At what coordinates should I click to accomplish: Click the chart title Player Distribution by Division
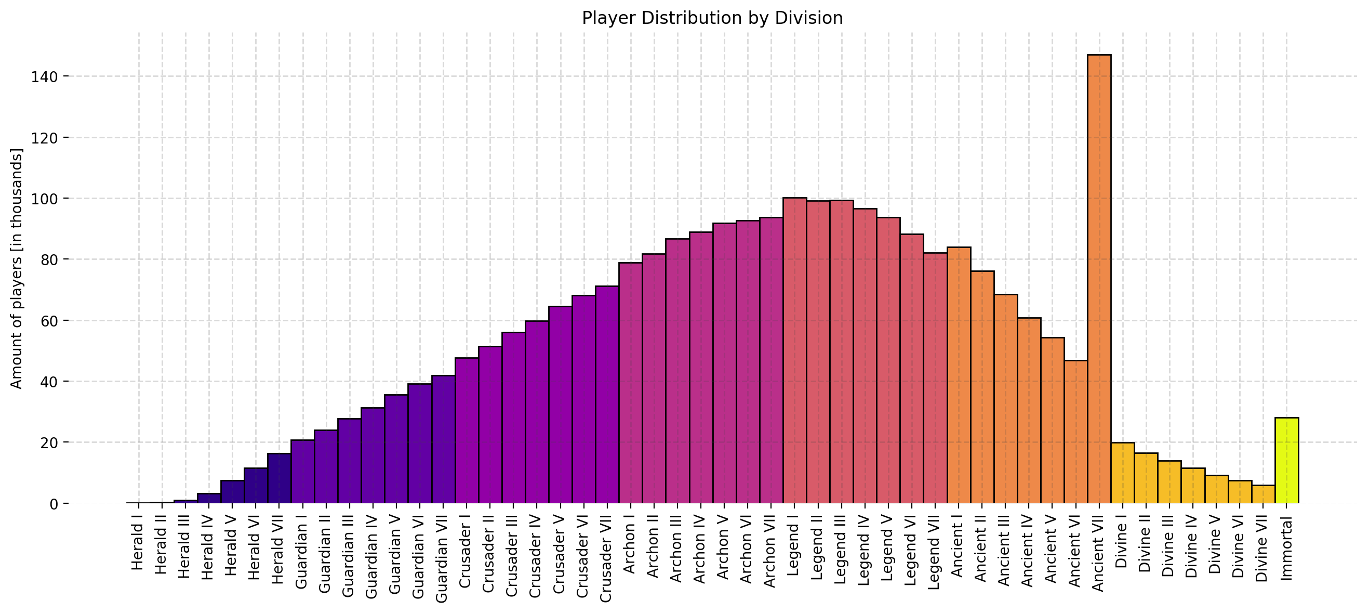point(712,18)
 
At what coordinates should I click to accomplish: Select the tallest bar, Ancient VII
point(1099,277)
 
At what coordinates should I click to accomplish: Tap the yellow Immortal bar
point(1286,461)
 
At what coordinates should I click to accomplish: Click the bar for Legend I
point(794,351)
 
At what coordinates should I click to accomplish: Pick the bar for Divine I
point(1122,473)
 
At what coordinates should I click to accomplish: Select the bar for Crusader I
point(467,431)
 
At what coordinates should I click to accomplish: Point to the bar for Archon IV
point(701,367)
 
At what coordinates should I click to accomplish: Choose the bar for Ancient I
point(959,375)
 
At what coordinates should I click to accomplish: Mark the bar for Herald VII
point(279,478)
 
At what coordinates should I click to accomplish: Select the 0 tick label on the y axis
point(53,504)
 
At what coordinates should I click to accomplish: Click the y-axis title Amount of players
point(17,268)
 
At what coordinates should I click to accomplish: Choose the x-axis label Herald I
point(138,547)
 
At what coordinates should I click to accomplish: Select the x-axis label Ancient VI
point(1075,556)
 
